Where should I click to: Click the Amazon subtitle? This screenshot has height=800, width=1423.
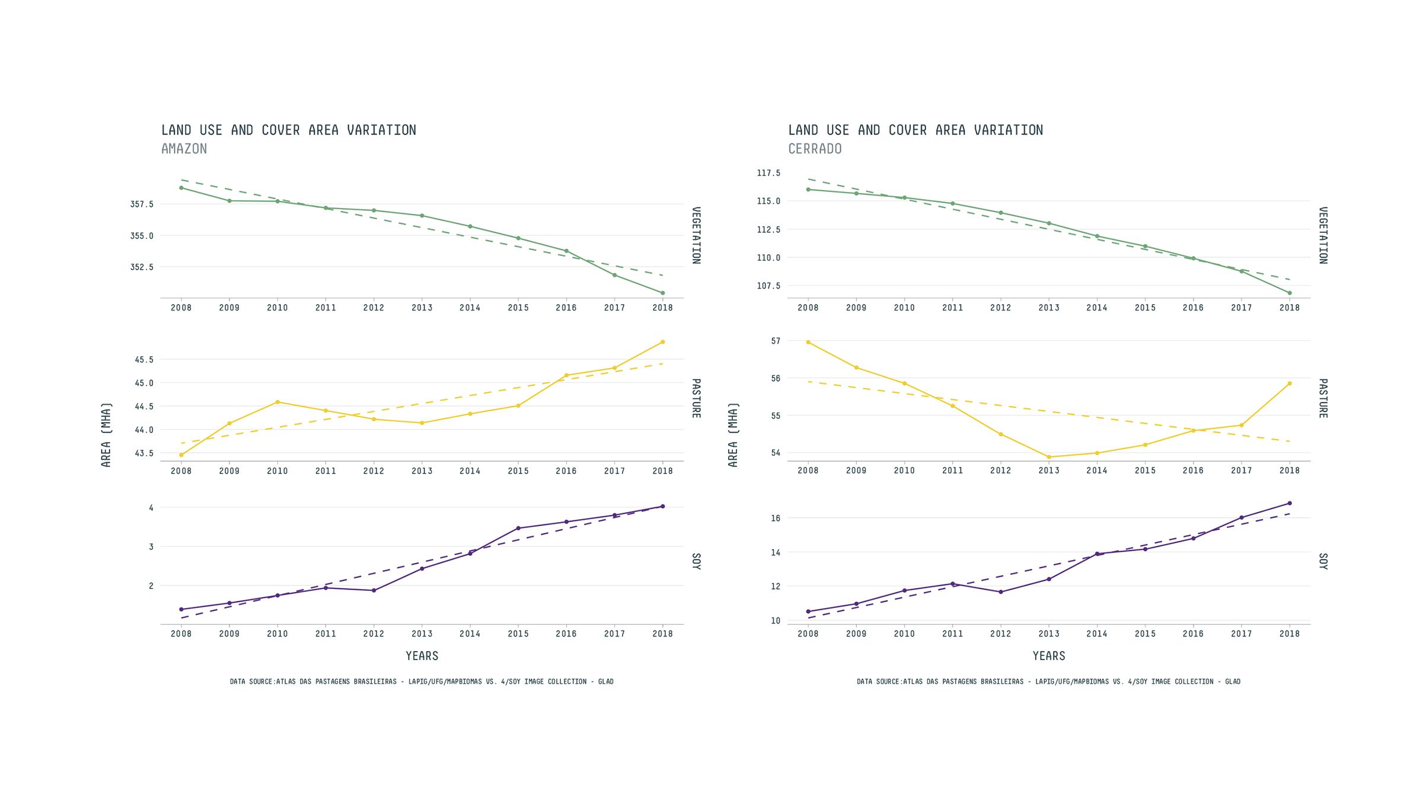point(184,149)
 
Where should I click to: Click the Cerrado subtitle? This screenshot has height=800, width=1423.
point(815,149)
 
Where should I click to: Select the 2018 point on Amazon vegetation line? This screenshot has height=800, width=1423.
point(662,293)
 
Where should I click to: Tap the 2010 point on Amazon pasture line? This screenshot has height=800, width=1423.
point(277,402)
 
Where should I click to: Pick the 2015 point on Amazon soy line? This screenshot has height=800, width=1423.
point(518,528)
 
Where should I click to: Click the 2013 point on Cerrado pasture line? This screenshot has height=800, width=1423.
point(1049,457)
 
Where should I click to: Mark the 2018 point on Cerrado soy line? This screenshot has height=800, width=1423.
point(1290,503)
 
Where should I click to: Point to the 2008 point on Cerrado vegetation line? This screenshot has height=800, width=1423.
point(808,190)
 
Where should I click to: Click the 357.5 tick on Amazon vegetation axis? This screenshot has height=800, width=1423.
point(142,204)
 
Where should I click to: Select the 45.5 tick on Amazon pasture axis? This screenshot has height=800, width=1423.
point(144,360)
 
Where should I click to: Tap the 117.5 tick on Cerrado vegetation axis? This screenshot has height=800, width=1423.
point(768,173)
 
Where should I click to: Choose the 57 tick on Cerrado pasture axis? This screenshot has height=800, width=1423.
point(776,341)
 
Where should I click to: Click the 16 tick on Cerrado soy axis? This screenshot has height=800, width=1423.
point(776,518)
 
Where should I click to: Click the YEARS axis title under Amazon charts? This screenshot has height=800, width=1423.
point(422,656)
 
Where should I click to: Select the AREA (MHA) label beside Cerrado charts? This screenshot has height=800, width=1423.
point(733,434)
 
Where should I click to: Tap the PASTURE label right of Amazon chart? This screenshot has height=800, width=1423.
point(696,398)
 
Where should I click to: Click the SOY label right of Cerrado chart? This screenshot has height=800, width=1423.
point(1323,561)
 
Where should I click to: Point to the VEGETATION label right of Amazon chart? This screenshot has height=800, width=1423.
point(696,235)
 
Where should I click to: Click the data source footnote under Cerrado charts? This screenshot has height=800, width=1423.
point(1048,681)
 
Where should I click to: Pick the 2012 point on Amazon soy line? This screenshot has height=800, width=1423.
point(374,590)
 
